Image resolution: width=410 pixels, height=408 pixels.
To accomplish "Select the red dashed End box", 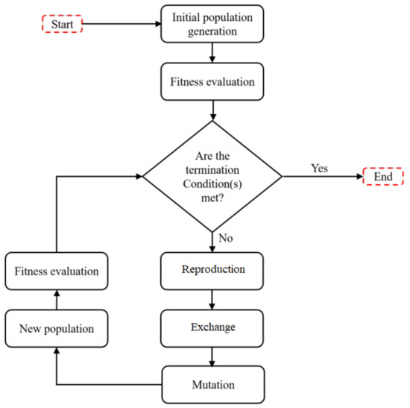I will pos(383,178).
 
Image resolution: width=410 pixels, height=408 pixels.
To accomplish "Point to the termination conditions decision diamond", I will pos(212,177).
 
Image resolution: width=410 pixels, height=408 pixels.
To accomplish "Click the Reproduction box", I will pos(213,269).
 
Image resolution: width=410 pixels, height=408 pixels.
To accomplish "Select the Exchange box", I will pos(213,327).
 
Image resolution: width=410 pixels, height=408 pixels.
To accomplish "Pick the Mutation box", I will pos(213,385).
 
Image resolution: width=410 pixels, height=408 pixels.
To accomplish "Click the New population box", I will pos(57,327).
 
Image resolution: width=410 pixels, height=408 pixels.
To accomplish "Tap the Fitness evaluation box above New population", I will pos(57,272).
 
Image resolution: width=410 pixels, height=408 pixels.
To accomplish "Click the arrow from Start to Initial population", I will pos(121,23).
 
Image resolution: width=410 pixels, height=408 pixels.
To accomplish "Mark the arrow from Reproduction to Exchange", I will pos(213,298).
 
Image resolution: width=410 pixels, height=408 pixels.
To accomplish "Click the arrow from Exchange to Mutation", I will pos(213,356).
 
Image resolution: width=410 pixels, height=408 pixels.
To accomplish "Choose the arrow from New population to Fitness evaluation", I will pos(57,300).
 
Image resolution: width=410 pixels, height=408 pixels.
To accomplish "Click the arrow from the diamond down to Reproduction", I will pos(213,242).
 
